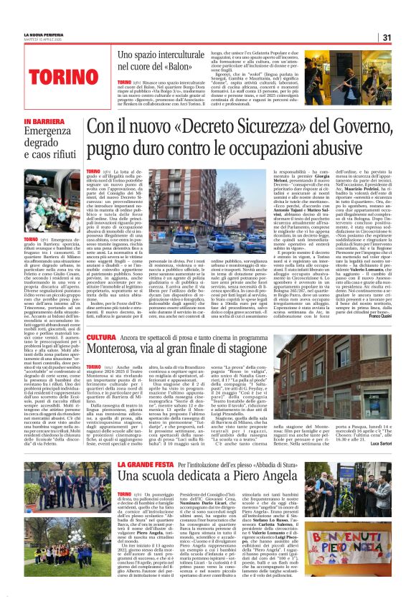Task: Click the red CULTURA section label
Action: coord(100,337)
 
